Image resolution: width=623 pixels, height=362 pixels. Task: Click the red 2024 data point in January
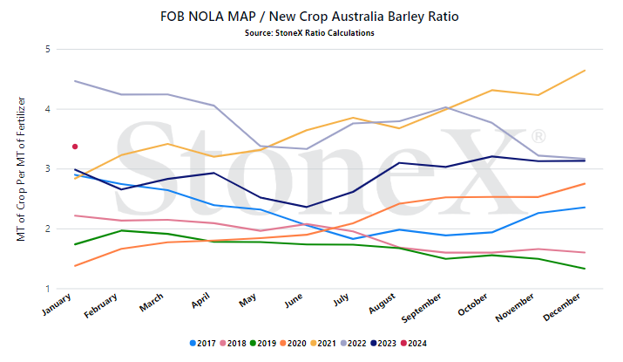(75, 147)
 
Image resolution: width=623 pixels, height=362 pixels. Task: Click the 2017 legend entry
(203, 344)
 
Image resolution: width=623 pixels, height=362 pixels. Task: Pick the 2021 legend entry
(323, 344)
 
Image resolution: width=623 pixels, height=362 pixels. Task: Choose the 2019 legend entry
(262, 344)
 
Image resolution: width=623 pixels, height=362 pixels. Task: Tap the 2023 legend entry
(383, 344)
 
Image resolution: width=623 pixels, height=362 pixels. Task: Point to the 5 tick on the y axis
(48, 49)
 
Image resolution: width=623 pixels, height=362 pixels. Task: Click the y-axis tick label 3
(48, 168)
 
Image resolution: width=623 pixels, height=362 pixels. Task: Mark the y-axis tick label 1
(48, 289)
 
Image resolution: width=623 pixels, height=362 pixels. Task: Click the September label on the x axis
(422, 308)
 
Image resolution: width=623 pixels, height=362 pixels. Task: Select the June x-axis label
(294, 301)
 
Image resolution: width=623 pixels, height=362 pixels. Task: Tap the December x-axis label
(562, 307)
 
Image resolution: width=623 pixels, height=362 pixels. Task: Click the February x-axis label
(100, 305)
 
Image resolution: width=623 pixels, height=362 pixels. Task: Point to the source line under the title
(309, 33)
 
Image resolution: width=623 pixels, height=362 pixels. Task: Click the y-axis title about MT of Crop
(21, 168)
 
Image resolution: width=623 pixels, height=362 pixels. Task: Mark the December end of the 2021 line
(585, 71)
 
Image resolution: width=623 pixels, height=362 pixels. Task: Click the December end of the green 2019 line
(585, 269)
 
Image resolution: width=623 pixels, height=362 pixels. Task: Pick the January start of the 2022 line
(75, 81)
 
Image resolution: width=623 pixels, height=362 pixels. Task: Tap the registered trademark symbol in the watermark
(538, 136)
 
